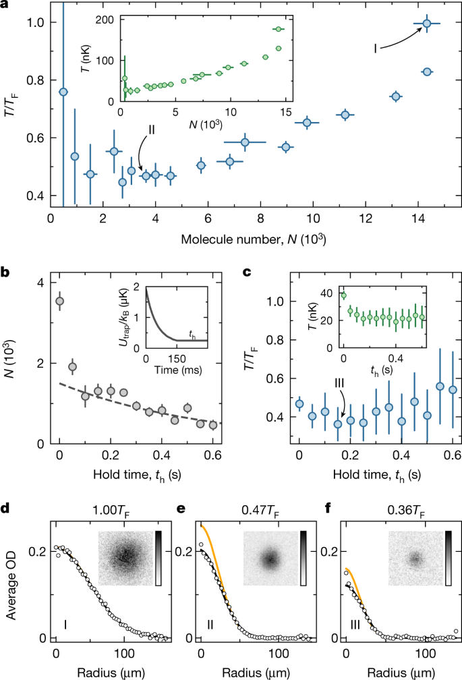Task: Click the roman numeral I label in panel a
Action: pos(375,48)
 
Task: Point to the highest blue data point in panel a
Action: pos(426,24)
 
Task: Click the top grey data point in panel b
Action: pos(60,301)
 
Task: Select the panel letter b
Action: pos(6,274)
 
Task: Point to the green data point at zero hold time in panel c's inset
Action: pos(343,295)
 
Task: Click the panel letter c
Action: pos(246,274)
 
